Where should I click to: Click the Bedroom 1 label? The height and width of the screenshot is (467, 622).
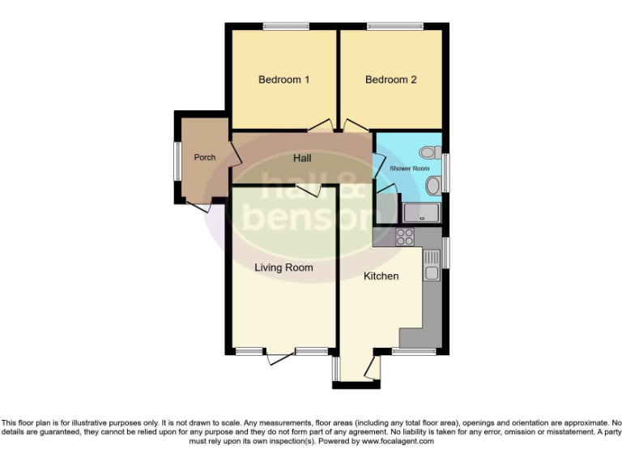click(283, 79)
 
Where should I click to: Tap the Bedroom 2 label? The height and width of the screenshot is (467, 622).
click(390, 79)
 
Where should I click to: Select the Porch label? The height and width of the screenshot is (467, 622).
click(205, 157)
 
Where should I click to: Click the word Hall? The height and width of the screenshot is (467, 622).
click(302, 158)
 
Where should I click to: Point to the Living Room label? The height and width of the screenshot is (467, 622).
click(283, 267)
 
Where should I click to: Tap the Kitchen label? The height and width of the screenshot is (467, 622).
click(381, 276)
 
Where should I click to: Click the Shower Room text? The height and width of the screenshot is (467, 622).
click(409, 169)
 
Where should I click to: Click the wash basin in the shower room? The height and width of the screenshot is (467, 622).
click(433, 186)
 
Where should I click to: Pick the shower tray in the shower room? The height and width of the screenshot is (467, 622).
click(422, 212)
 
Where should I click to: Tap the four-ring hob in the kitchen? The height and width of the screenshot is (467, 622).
click(405, 238)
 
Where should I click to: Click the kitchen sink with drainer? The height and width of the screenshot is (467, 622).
click(432, 264)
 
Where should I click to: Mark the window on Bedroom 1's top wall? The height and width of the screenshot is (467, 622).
click(285, 28)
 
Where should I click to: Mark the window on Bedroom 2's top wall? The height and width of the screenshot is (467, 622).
click(394, 28)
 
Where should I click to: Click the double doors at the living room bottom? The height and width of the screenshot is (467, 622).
click(281, 353)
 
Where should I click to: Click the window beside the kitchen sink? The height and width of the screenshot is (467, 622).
click(445, 252)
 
